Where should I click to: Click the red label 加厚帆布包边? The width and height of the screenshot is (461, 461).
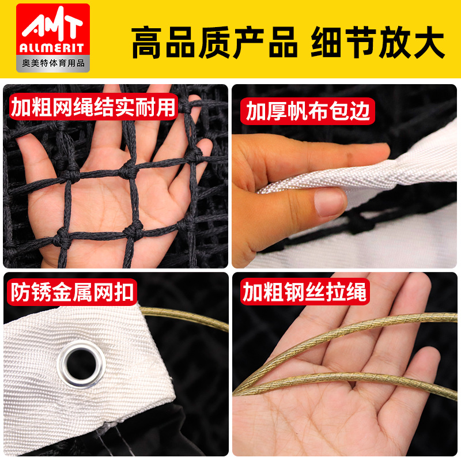pos(307,111)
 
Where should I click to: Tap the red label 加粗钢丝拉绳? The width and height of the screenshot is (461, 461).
pos(304,292)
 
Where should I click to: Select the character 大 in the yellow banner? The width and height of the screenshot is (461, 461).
pos(428,42)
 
